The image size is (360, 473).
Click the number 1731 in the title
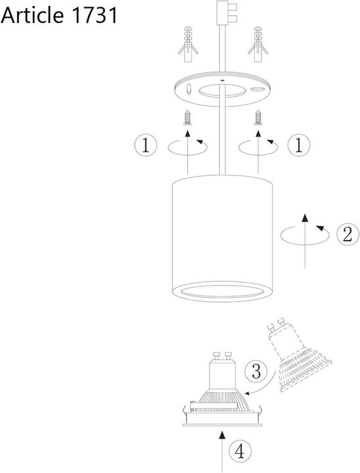click(x=94, y=15)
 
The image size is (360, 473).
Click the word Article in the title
click(x=33, y=15)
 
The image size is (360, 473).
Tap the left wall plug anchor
click(x=188, y=45)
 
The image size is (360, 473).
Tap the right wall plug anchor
click(x=258, y=45)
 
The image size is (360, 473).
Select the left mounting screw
click(x=188, y=118)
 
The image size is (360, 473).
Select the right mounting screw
click(x=258, y=118)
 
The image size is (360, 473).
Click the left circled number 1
click(x=146, y=146)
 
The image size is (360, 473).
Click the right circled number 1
click(x=299, y=146)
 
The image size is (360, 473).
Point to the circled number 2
click(x=348, y=235)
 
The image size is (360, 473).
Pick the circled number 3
click(x=256, y=371)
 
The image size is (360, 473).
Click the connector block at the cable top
click(x=227, y=12)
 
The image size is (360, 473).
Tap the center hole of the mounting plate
click(x=222, y=91)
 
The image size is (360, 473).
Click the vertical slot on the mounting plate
click(x=189, y=89)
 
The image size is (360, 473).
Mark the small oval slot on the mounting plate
click(x=257, y=89)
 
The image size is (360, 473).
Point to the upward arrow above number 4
click(x=223, y=451)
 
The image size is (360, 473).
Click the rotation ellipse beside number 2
click(x=305, y=235)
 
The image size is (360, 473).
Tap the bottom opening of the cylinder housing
click(x=223, y=292)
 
